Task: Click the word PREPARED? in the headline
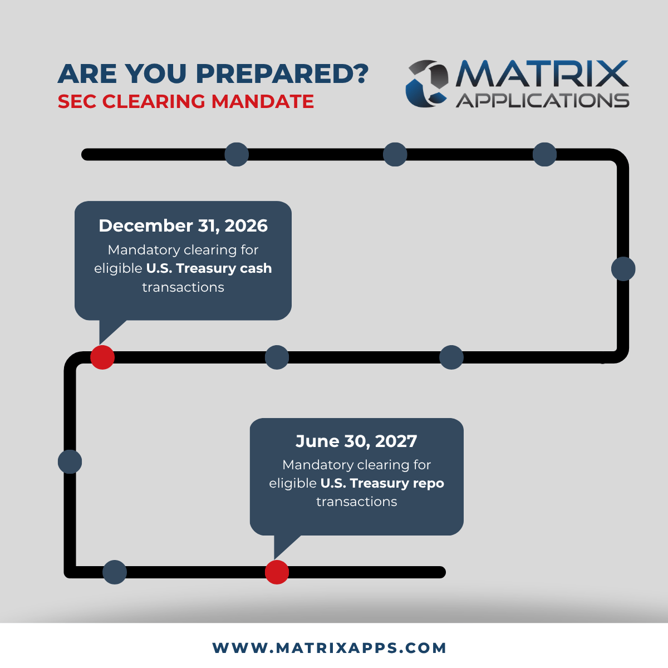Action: click(x=282, y=74)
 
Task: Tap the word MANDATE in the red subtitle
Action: click(x=262, y=101)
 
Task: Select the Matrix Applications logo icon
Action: click(x=427, y=83)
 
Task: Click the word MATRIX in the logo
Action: click(x=542, y=73)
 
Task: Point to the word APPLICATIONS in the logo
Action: click(x=543, y=101)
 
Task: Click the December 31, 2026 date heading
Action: click(x=183, y=226)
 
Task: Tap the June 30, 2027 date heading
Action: click(x=356, y=441)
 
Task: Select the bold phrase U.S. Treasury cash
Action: click(x=209, y=268)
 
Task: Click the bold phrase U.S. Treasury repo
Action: click(x=382, y=483)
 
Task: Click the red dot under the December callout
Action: click(x=102, y=357)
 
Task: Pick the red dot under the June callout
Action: click(x=277, y=572)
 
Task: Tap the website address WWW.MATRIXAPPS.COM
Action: click(x=330, y=648)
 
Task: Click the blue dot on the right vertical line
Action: click(x=623, y=269)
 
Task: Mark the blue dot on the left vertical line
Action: click(x=70, y=461)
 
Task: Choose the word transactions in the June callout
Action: click(x=356, y=502)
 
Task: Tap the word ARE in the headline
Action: click(x=87, y=74)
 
